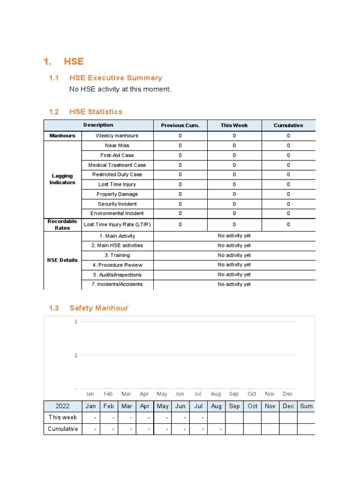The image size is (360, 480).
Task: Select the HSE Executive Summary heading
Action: [115, 78]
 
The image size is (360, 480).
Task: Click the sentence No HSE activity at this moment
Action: [120, 89]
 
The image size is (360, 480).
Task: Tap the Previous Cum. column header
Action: [180, 125]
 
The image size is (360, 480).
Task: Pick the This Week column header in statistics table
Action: [234, 125]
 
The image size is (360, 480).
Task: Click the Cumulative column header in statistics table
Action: [288, 125]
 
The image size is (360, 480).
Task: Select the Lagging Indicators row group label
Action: [62, 179]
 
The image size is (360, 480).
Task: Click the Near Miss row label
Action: [117, 145]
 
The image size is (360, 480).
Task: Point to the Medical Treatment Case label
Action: [117, 165]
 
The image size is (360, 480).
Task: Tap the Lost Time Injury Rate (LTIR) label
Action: [117, 225]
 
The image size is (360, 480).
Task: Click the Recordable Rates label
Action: [62, 225]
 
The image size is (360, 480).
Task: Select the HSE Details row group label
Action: [62, 260]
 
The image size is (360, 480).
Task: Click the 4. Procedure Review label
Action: [117, 265]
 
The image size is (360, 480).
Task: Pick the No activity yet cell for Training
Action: [234, 255]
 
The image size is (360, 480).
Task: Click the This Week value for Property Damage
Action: [234, 194]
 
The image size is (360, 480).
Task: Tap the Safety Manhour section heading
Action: [98, 308]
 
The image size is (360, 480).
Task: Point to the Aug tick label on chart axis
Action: [216, 394]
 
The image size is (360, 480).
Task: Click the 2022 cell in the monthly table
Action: [63, 406]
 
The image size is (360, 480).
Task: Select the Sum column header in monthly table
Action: [306, 406]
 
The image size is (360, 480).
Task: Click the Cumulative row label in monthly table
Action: [63, 429]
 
